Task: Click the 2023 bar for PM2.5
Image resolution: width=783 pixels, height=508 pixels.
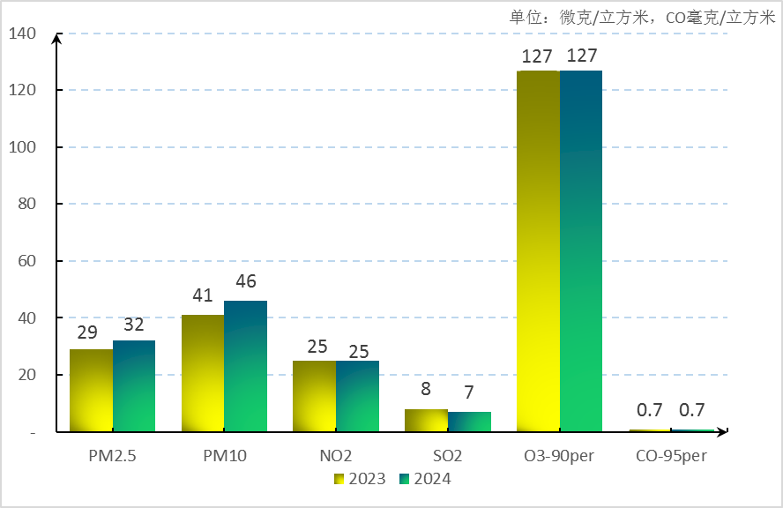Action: tap(91, 390)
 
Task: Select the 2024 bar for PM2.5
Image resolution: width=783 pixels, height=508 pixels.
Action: tap(134, 385)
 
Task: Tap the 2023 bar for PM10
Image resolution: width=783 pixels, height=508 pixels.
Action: tap(203, 373)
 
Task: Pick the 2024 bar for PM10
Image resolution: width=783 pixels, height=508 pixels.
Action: tap(245, 366)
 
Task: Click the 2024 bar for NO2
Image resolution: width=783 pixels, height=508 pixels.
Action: tap(357, 396)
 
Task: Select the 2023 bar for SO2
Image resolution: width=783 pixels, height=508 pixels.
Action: tap(426, 421)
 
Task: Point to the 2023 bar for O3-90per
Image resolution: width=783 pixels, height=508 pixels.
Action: tap(538, 251)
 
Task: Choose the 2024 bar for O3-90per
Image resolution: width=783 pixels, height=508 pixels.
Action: tap(581, 251)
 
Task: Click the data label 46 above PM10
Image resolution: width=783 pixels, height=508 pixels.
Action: tap(245, 282)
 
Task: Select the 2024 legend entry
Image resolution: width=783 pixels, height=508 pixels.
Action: tap(425, 479)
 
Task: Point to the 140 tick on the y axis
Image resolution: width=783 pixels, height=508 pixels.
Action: tap(22, 34)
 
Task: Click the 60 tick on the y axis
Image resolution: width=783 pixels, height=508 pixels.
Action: tap(27, 261)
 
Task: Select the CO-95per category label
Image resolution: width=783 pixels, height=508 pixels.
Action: tap(672, 456)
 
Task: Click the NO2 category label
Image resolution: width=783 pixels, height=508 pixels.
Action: tap(336, 456)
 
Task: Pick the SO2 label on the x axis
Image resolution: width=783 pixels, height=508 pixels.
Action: tap(448, 456)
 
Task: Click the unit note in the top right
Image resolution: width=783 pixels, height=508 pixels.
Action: tap(642, 17)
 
